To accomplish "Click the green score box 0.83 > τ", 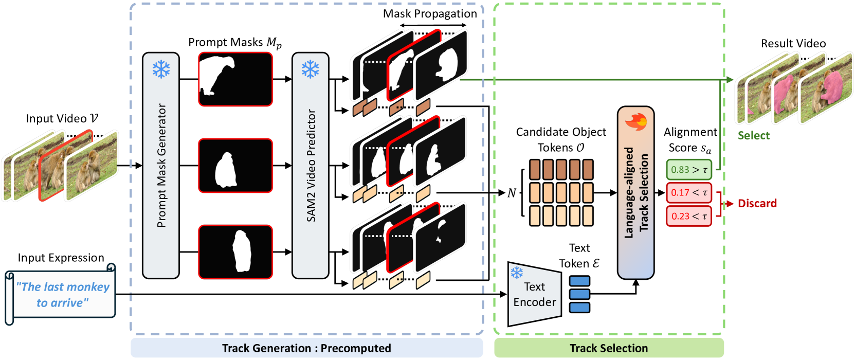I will (x=689, y=169).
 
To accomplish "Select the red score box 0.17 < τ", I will (x=689, y=193).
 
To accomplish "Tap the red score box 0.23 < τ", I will (x=689, y=217).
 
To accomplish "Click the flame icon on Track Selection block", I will (x=635, y=122).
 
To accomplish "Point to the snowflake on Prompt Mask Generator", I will (x=161, y=69).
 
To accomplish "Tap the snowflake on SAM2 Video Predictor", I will (x=310, y=69).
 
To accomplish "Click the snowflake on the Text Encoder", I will (x=517, y=272).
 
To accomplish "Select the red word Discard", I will (x=757, y=204).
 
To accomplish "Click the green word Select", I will (x=754, y=136).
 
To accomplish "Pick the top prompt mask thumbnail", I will (x=235, y=79).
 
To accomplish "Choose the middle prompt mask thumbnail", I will (x=235, y=166).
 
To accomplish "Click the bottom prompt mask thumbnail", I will (x=235, y=252).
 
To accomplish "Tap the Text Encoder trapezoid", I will (x=534, y=295).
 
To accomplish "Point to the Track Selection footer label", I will (x=609, y=348).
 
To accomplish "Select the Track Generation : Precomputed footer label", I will (x=306, y=348).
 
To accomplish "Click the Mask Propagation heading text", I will (x=430, y=14).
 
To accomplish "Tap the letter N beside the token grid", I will (x=512, y=193).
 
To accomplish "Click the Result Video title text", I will (x=793, y=44).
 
